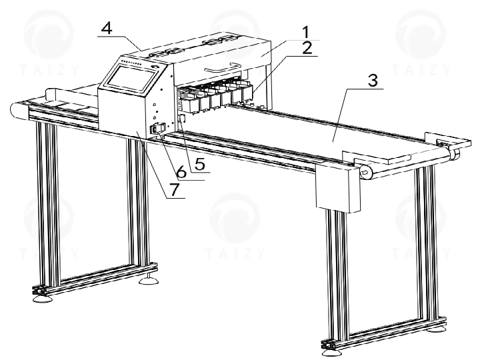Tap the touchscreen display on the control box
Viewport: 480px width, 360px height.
[x=130, y=77]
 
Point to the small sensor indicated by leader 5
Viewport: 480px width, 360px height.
[x=182, y=119]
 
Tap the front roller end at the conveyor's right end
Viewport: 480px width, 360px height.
[x=365, y=172]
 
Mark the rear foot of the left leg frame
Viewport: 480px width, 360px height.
[x=146, y=281]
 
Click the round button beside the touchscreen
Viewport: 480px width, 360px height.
[x=155, y=65]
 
